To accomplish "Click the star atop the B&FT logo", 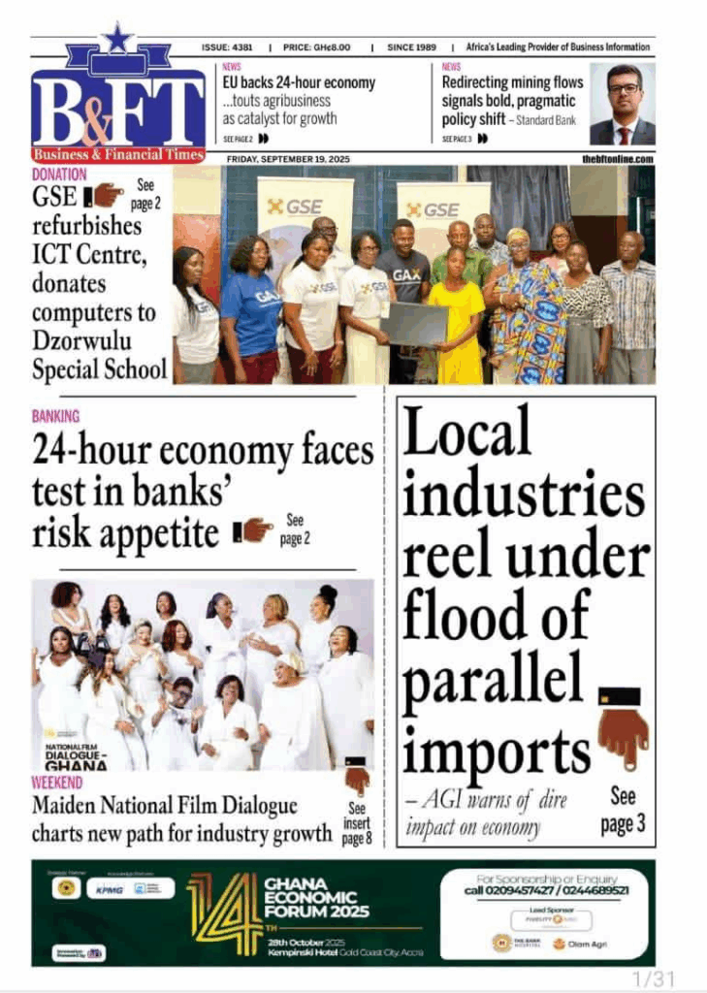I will point(117,39).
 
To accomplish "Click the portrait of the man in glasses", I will point(624,105).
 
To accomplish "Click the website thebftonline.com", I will point(618,158).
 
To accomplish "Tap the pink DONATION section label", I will point(59,175).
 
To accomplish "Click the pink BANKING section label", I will point(55,417).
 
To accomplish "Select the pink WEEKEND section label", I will point(56,783).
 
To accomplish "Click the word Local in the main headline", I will point(467,432).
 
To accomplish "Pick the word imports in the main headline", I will point(497,751).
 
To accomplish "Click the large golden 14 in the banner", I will point(223,912).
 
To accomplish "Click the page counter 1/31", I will point(653,978).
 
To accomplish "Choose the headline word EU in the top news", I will point(231,83).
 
